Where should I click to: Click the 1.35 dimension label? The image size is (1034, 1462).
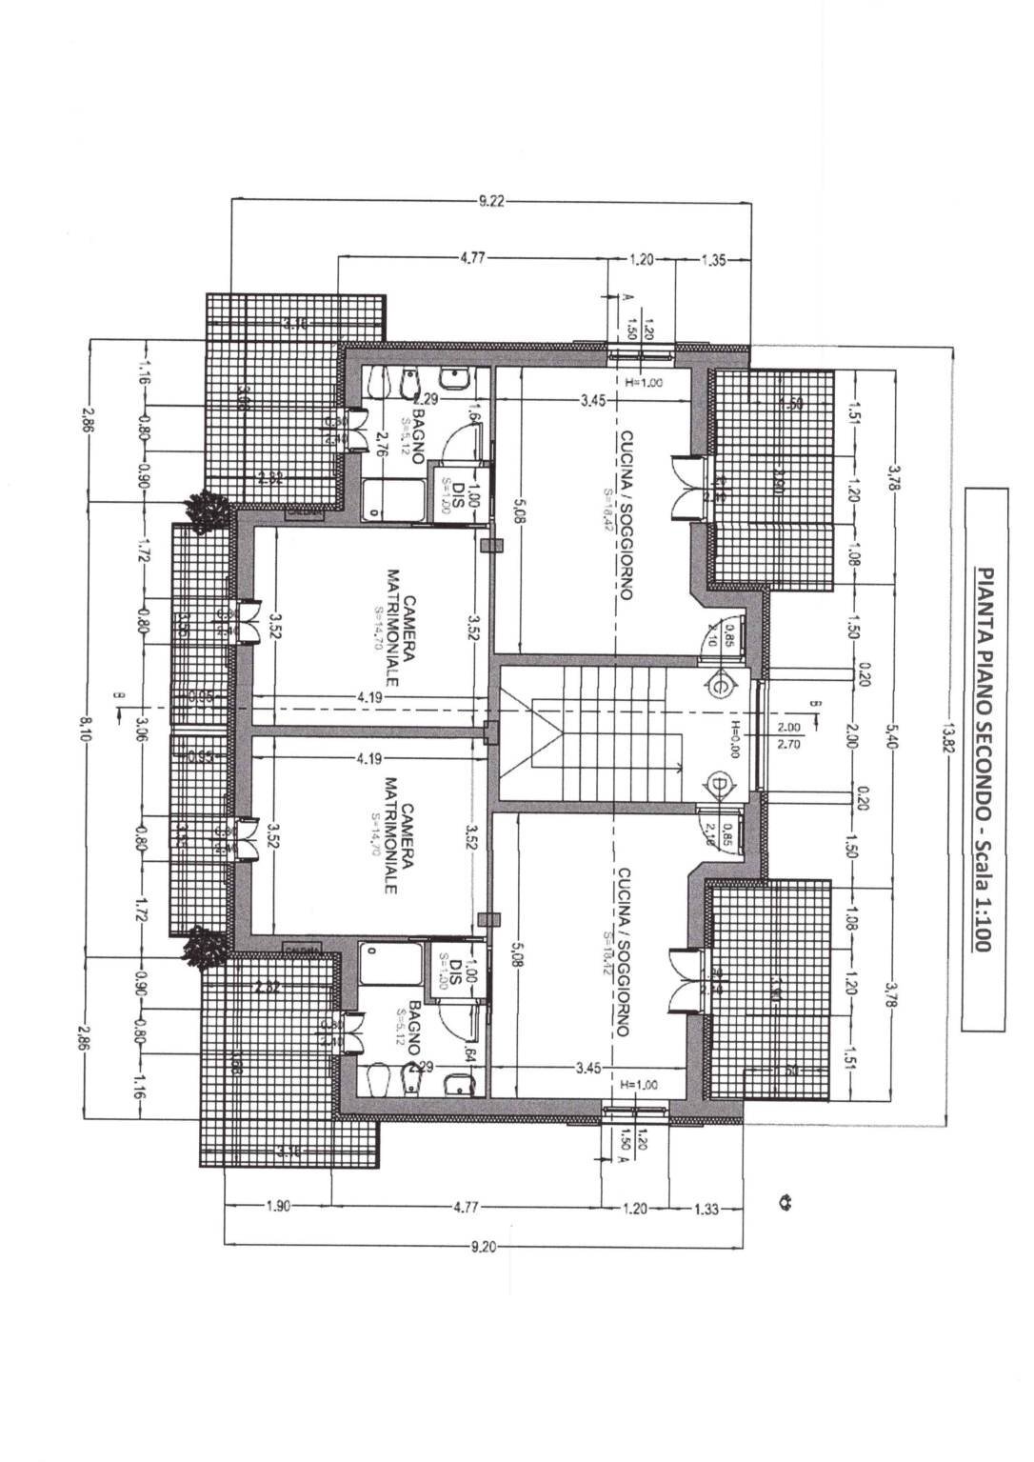click(x=714, y=259)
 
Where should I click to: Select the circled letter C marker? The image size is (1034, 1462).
click(x=720, y=684)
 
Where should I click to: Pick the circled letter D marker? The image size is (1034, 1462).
click(x=720, y=784)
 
